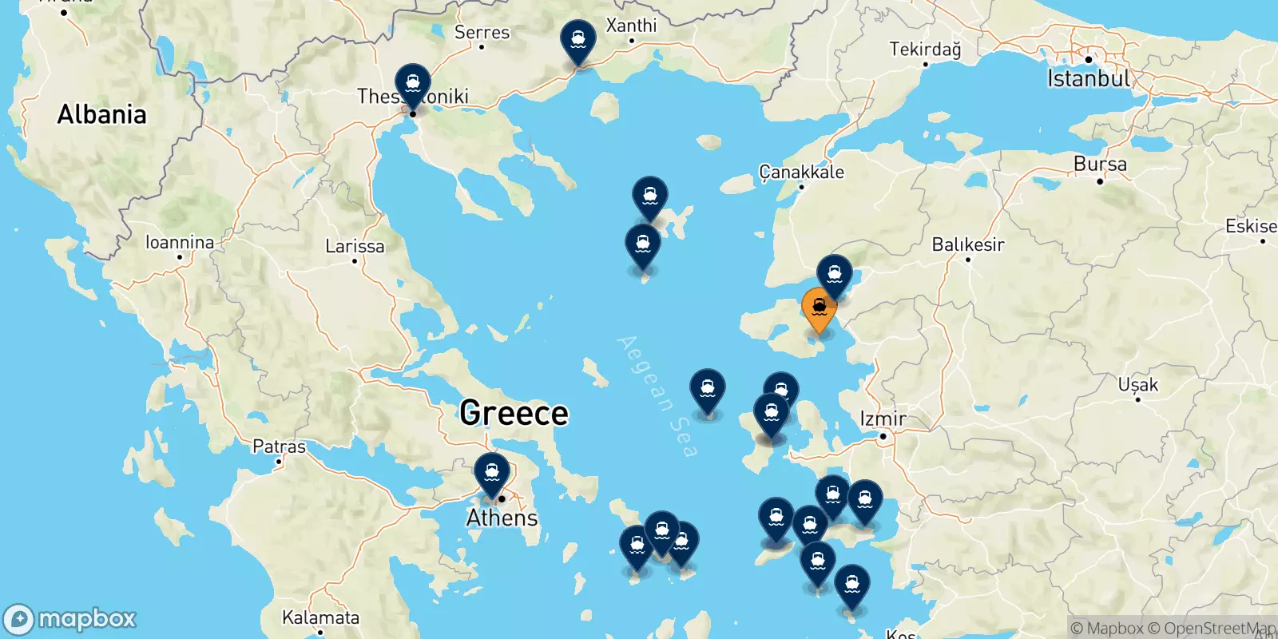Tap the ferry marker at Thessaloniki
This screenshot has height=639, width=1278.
point(412,84)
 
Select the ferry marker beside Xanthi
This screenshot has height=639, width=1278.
point(577,40)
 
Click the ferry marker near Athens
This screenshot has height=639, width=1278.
point(491,472)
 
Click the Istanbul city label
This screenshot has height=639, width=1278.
point(1089,78)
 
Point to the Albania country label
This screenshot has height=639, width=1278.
point(102,115)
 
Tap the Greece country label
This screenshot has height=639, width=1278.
point(514,413)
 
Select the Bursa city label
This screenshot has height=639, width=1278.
point(1100,165)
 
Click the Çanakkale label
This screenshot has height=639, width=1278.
point(801,173)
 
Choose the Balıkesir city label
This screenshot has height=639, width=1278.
point(968,244)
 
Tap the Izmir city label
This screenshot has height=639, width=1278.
point(883,419)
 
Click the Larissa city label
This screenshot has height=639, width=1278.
point(355,246)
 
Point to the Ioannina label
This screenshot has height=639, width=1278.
point(180,242)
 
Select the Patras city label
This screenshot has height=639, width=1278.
point(279,447)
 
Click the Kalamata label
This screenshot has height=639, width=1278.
point(320,617)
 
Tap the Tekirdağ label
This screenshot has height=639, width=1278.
point(925,50)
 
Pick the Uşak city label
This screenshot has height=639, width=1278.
point(1137,385)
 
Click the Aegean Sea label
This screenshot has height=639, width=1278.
point(657,396)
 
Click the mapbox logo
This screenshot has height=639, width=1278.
point(70,619)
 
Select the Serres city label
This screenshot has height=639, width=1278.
point(482,33)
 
